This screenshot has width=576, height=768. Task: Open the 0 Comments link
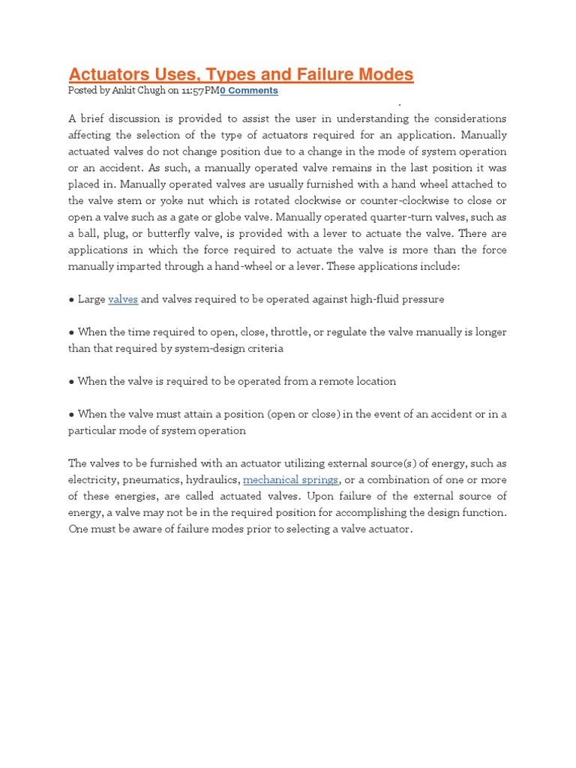(x=249, y=91)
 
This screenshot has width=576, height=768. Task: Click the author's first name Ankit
(x=121, y=91)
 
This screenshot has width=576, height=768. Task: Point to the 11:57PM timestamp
(x=199, y=91)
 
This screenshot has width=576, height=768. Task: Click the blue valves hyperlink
(x=123, y=299)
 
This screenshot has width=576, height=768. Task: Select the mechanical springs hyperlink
(x=290, y=480)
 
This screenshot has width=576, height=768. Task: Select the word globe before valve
(x=211, y=217)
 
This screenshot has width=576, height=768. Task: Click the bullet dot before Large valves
(x=71, y=300)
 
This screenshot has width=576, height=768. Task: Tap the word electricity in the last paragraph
(x=94, y=480)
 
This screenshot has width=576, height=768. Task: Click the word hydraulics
(x=215, y=480)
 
